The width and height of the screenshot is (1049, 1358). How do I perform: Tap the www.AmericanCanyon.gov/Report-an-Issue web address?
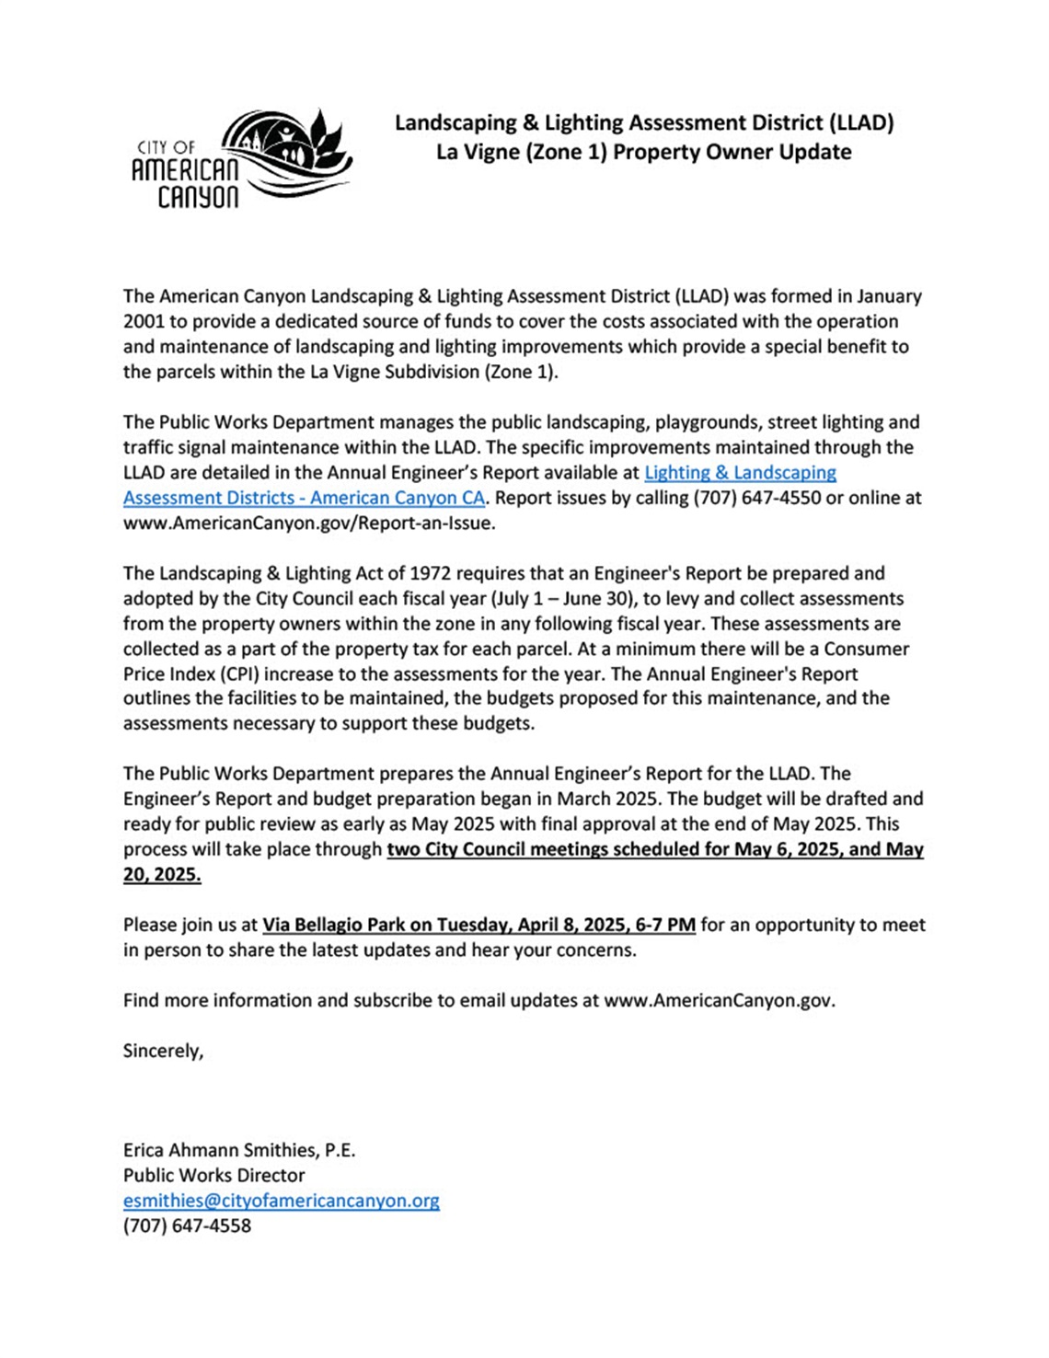click(309, 524)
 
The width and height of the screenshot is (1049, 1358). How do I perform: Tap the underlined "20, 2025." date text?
click(162, 875)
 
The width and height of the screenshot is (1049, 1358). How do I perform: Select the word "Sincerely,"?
click(163, 1051)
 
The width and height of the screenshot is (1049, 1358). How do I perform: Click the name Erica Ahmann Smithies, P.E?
click(239, 1150)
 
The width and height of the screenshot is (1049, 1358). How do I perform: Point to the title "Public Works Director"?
click(213, 1176)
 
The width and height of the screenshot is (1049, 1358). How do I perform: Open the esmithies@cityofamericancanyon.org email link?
click(282, 1201)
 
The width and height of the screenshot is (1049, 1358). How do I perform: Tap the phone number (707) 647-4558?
click(187, 1226)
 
